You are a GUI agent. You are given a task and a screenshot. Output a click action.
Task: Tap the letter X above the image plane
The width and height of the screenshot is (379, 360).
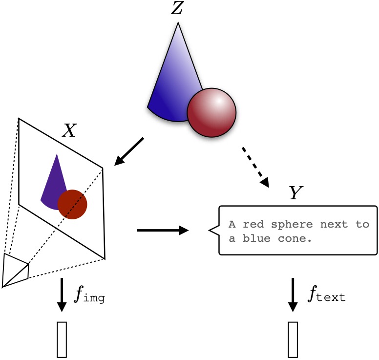coord(69,130)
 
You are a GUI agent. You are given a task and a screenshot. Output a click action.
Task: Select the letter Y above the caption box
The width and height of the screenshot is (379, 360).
coord(295,194)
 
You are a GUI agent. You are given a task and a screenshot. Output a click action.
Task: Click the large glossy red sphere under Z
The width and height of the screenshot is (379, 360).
coord(211,113)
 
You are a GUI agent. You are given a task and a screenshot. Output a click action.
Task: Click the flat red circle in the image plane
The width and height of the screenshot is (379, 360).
coord(72,204)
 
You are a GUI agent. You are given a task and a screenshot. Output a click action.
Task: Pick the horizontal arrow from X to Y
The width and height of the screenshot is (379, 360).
coord(163,230)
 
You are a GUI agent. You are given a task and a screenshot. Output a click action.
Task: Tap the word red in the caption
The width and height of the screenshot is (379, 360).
coord(252,225)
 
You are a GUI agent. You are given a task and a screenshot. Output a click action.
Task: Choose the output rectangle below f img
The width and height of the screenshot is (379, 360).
coord(62,339)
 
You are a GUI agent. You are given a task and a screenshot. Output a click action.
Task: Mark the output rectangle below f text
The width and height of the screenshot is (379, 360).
coord(293,339)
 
